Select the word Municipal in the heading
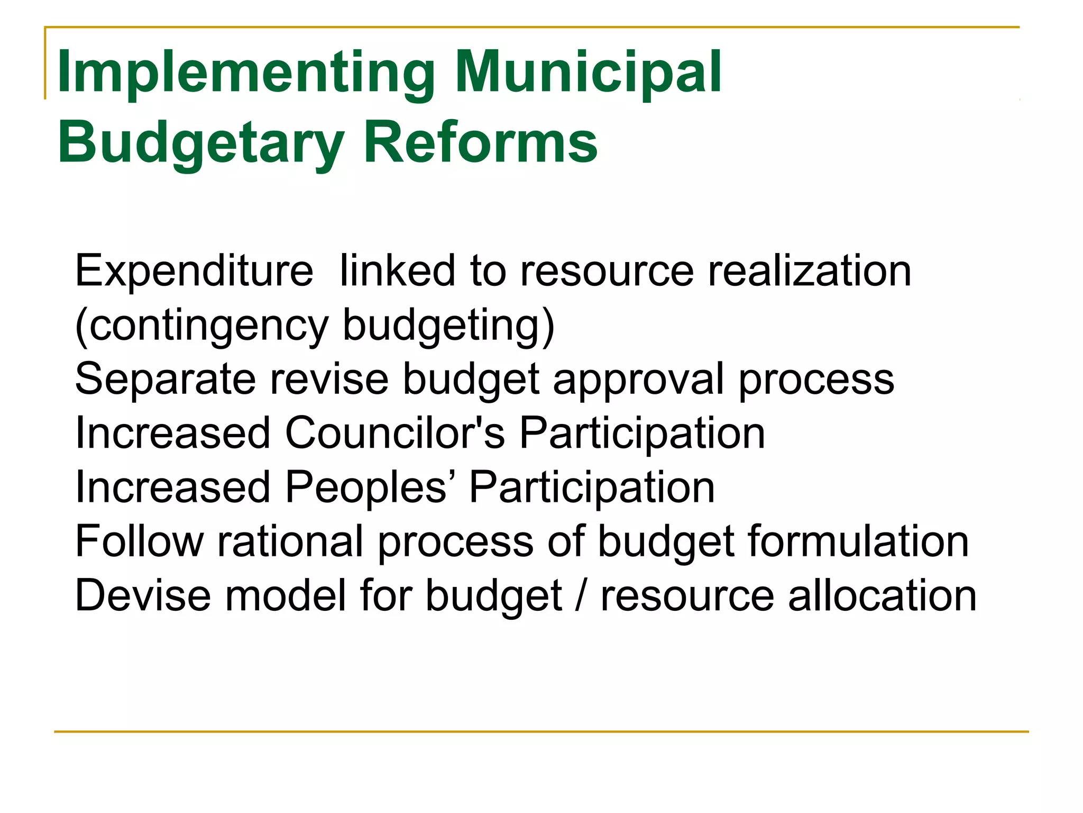point(588,73)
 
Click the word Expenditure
point(194,272)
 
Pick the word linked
point(397,270)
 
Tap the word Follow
point(139,541)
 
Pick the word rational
point(290,541)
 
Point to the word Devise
point(143,595)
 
